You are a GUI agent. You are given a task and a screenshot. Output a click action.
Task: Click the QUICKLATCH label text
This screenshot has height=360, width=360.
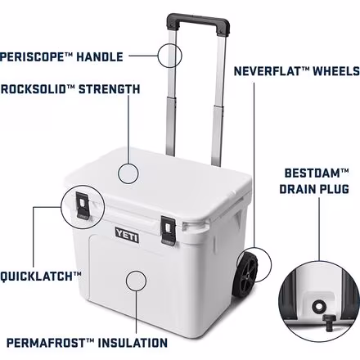(x=41, y=277)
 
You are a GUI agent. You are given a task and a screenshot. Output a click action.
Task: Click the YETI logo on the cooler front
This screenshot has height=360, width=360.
(x=127, y=236)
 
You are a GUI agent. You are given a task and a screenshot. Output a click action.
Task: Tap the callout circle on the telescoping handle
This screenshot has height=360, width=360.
(x=171, y=56)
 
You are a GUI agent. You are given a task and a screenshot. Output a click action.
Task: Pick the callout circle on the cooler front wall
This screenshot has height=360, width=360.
(x=135, y=281)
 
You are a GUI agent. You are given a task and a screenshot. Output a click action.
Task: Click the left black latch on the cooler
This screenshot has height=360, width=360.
(x=83, y=205)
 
